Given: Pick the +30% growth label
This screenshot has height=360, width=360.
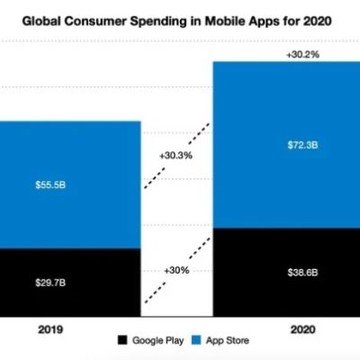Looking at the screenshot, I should tap(176, 270).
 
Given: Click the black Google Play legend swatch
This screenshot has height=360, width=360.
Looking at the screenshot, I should tap(121, 340).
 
